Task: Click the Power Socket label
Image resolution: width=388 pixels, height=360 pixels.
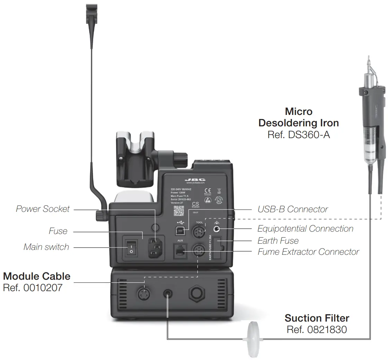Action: click(43, 209)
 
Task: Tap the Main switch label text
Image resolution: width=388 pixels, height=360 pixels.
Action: click(46, 247)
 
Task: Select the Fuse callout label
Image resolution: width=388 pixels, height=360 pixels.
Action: click(58, 231)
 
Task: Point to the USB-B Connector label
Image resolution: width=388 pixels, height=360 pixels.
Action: click(292, 209)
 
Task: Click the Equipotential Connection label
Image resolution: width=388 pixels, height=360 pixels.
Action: click(305, 229)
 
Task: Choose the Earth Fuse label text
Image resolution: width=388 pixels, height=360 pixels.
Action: click(278, 241)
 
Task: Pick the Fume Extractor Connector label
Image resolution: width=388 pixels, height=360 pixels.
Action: click(308, 252)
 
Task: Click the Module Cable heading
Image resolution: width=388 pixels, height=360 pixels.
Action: click(37, 276)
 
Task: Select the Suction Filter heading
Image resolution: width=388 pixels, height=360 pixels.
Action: click(317, 318)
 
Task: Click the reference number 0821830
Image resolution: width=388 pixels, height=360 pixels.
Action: click(317, 330)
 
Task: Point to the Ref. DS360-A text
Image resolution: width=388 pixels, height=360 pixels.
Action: click(299, 134)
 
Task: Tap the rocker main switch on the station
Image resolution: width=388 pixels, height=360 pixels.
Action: click(131, 247)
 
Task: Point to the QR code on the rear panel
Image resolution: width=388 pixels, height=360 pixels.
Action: click(179, 210)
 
